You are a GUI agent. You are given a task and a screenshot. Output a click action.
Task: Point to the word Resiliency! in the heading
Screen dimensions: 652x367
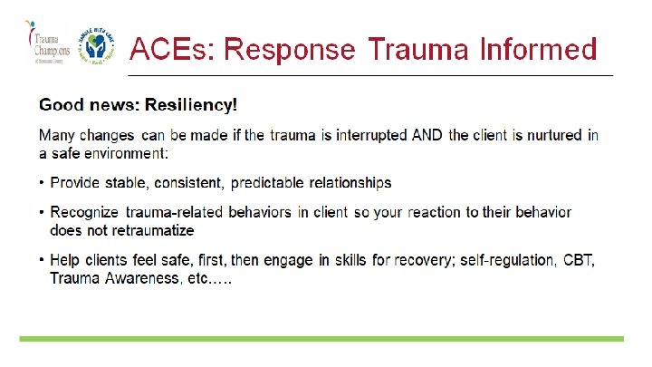[194, 105]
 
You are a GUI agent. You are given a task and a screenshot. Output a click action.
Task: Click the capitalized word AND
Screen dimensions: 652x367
[427, 136]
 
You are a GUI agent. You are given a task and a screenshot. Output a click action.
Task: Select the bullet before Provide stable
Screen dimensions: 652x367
[43, 183]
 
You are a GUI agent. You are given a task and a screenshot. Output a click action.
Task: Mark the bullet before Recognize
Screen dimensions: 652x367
[43, 212]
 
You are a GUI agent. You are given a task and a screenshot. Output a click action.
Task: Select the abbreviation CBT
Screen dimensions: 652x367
[579, 261]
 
